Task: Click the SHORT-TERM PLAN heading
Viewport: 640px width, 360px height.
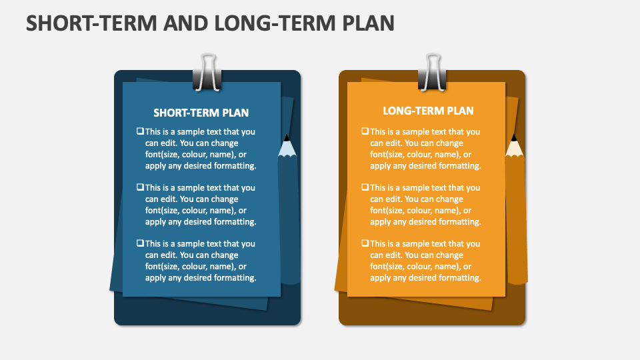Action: [x=201, y=113]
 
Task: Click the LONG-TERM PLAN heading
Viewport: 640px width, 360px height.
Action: [x=428, y=111]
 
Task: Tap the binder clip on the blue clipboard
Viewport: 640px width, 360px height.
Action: [x=207, y=73]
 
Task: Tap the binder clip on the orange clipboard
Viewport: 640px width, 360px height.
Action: [x=432, y=73]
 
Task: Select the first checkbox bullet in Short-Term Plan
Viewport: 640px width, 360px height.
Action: [x=140, y=131]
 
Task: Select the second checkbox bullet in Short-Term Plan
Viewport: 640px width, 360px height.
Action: [x=140, y=187]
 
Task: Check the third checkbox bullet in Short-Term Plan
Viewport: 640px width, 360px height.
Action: [x=140, y=243]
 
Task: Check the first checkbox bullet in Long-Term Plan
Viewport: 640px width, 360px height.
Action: [x=365, y=131]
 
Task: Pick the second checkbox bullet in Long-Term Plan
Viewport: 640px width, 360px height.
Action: [x=365, y=187]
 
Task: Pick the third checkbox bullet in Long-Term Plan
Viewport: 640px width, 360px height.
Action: [x=365, y=243]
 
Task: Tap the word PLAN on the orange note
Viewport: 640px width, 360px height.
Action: [x=461, y=111]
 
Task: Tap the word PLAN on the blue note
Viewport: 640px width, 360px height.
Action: [x=235, y=113]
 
